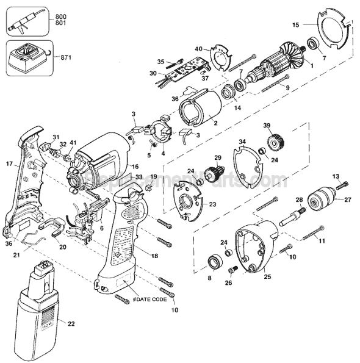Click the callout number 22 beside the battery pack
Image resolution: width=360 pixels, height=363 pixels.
pyautogui.click(x=71, y=323)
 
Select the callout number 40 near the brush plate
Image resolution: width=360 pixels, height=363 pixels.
pyautogui.click(x=198, y=49)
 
